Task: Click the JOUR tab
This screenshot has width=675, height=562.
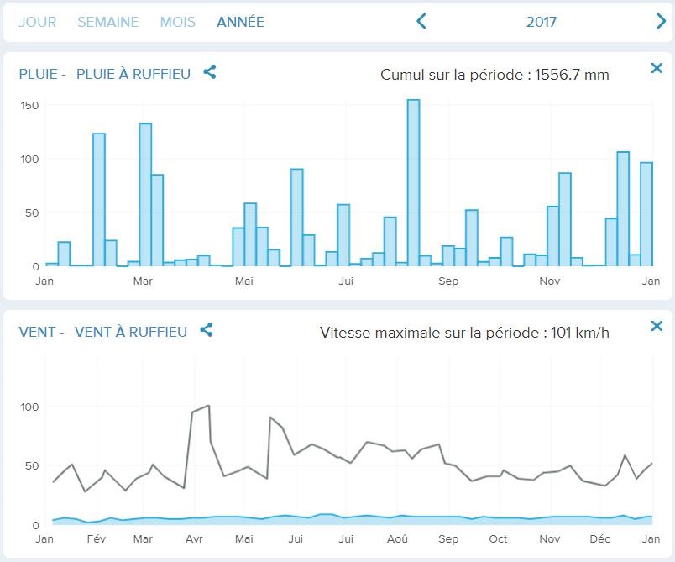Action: (x=37, y=22)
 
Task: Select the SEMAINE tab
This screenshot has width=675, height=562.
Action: (x=107, y=22)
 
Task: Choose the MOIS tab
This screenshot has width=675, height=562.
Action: (x=177, y=22)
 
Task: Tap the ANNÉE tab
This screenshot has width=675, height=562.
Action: (x=240, y=22)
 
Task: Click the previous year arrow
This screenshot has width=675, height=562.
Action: (x=421, y=22)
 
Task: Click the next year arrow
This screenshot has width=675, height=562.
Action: (x=661, y=22)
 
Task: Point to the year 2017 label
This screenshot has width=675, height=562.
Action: (x=542, y=22)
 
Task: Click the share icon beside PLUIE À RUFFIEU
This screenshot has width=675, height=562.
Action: (x=210, y=72)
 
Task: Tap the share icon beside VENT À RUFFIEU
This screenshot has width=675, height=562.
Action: (x=207, y=330)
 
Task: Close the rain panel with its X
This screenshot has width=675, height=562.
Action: (x=657, y=68)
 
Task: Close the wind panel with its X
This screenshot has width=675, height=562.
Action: (x=657, y=326)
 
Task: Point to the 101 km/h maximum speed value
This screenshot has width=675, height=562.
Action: (x=580, y=333)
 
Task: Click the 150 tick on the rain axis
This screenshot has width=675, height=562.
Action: (x=30, y=105)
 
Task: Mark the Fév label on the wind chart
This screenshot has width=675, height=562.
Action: (x=97, y=538)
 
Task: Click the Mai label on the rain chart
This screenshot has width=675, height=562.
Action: (x=243, y=281)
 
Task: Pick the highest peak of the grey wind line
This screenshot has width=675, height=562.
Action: (x=207, y=406)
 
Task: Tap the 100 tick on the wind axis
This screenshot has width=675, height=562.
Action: (x=30, y=407)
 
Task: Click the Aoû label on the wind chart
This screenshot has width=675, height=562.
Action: (x=397, y=538)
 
